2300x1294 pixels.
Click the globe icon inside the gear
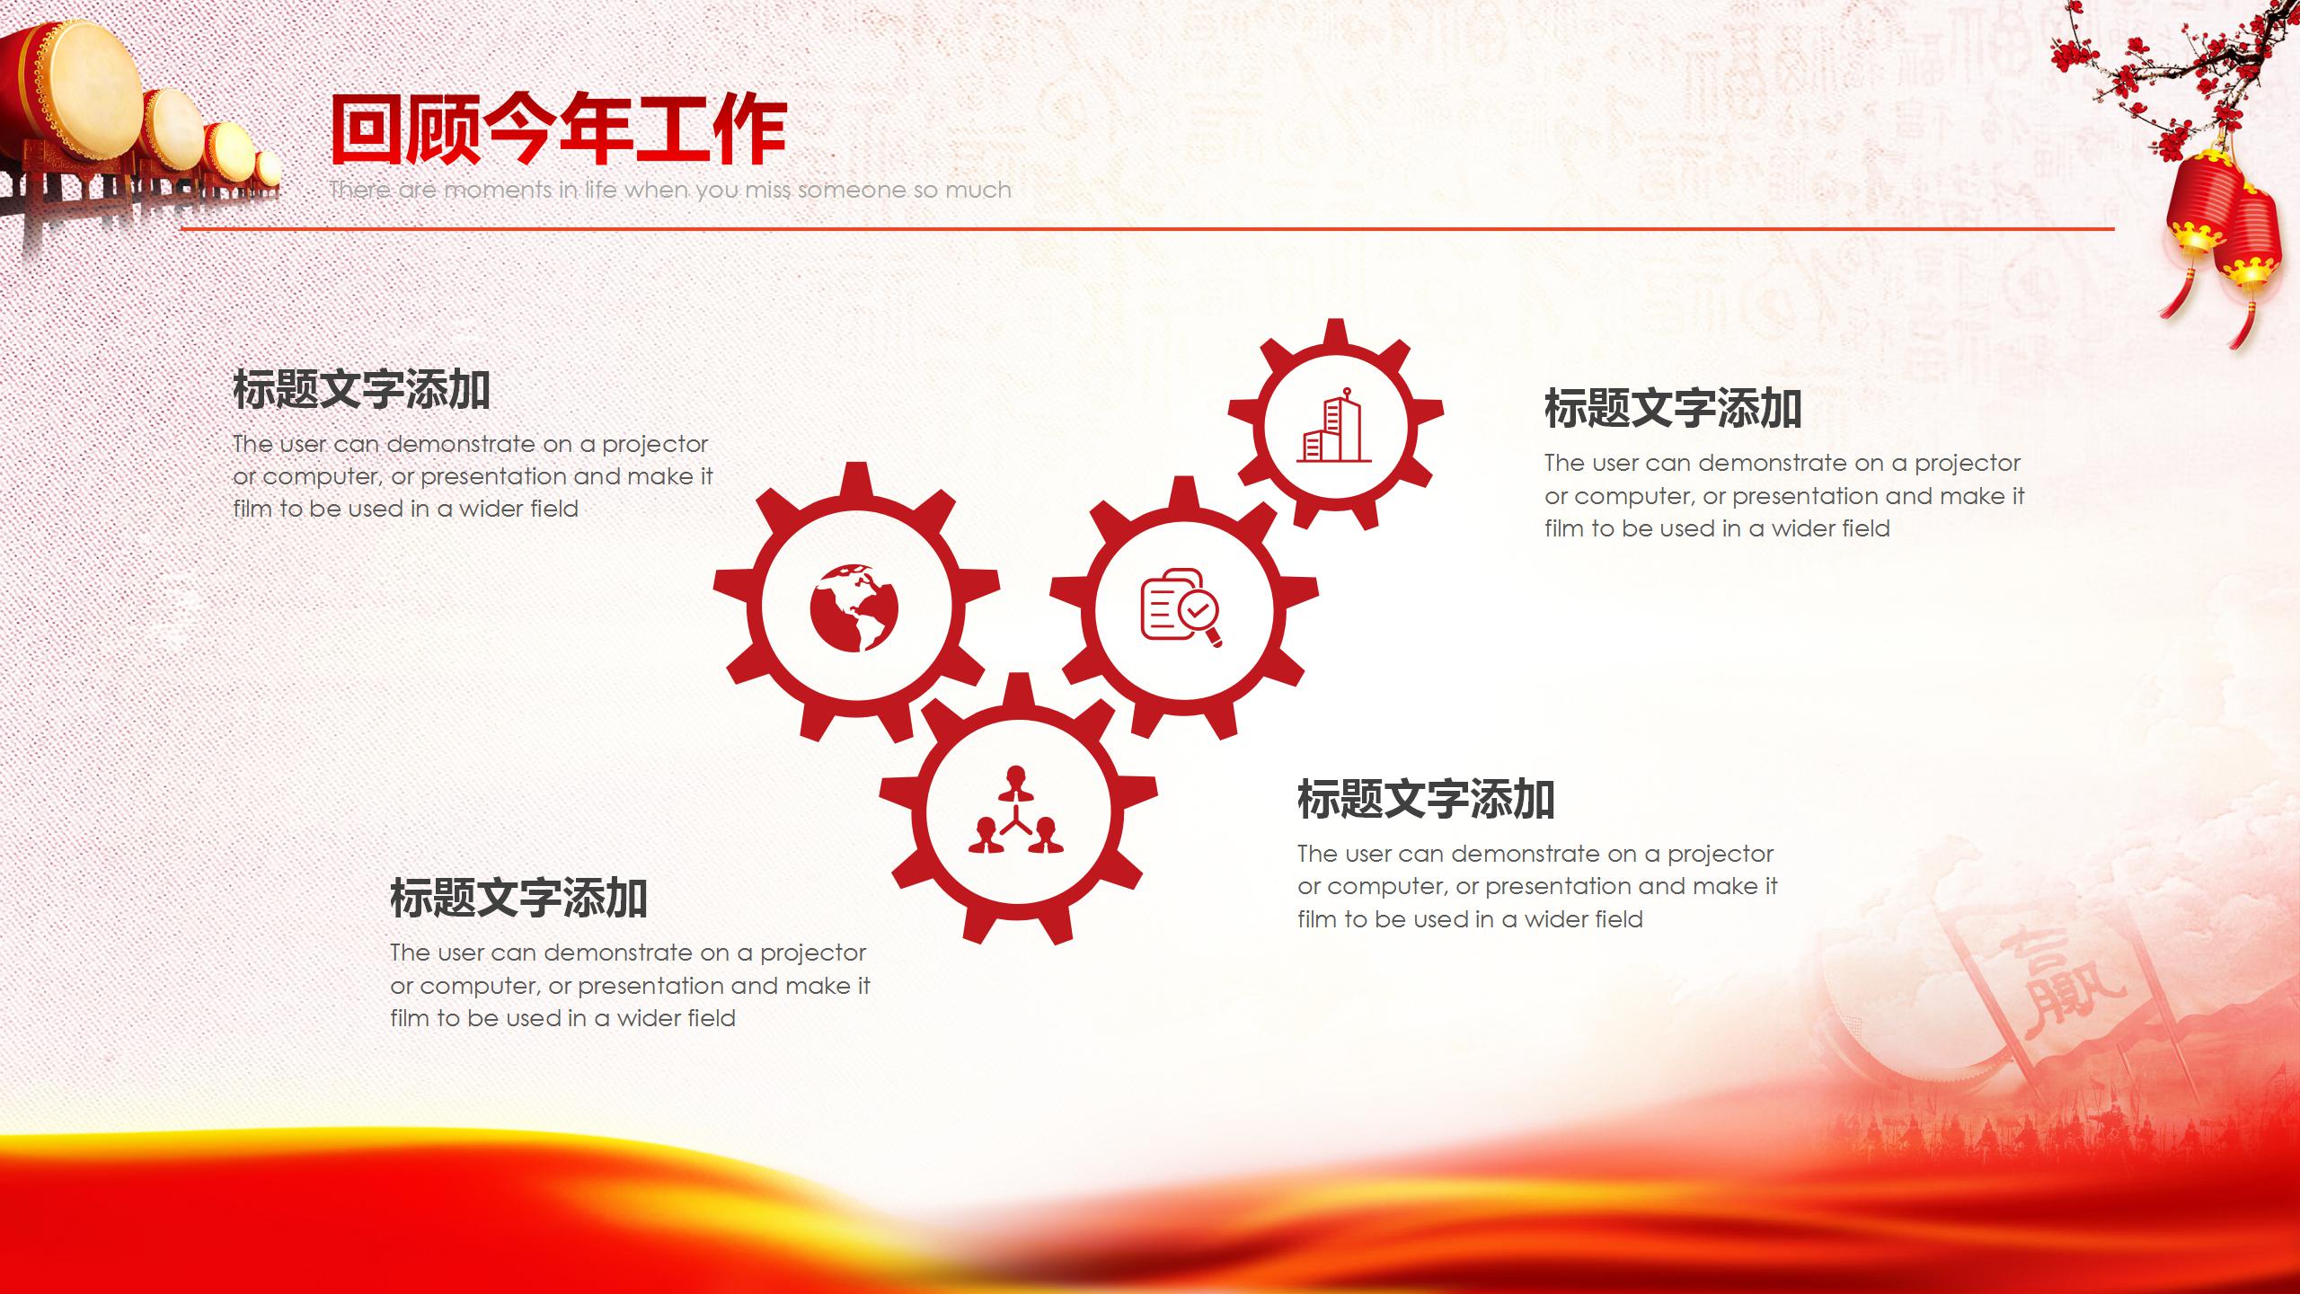[854, 607]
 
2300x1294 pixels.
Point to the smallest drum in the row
[267, 168]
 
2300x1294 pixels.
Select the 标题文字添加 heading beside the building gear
[1673, 409]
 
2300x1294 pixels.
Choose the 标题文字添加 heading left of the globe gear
[361, 390]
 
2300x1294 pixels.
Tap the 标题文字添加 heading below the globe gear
[518, 898]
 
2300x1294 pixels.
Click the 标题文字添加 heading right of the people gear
[1426, 799]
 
